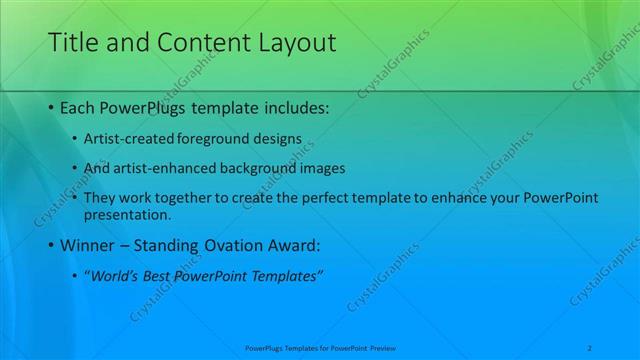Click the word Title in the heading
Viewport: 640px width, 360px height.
coord(73,43)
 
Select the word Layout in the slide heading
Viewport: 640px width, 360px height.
coord(294,43)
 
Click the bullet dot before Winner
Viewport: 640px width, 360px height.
coord(52,245)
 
